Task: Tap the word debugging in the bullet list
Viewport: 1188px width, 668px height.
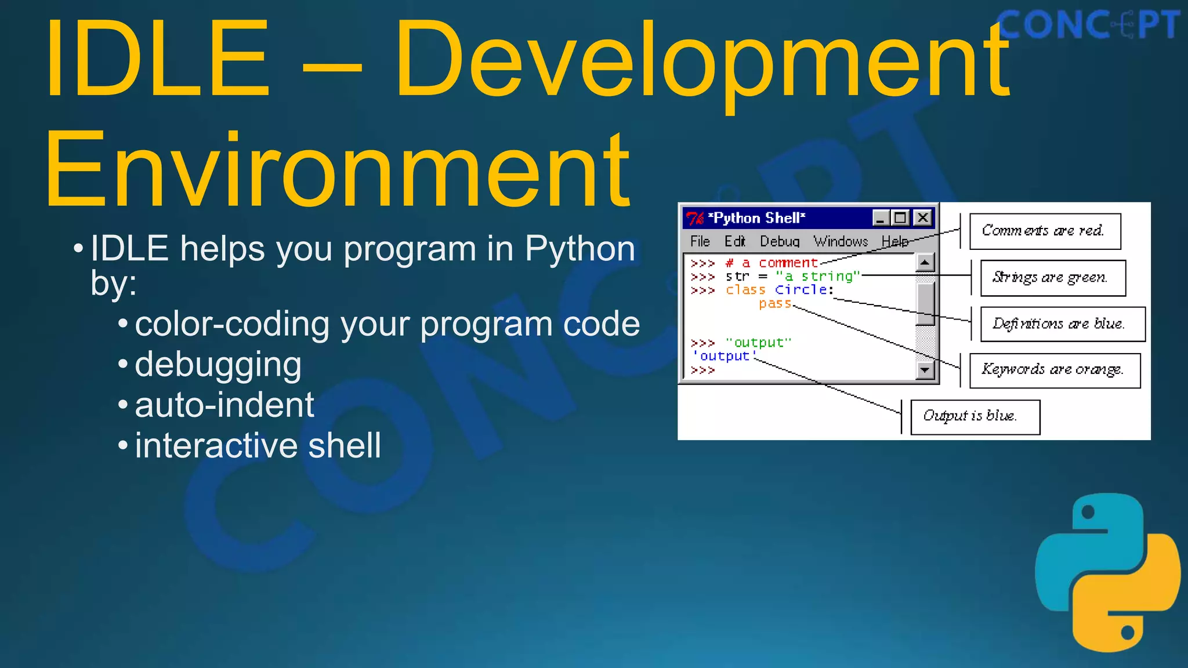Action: click(218, 365)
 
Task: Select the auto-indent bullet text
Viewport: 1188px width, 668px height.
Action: click(224, 405)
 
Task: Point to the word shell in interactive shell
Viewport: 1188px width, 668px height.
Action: click(345, 445)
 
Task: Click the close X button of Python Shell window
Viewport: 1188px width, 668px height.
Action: click(922, 217)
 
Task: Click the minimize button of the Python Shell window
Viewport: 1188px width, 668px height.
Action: click(881, 218)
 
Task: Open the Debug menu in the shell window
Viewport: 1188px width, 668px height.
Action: click(779, 241)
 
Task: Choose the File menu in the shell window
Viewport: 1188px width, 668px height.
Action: click(700, 241)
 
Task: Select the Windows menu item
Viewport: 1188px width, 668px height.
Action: click(840, 241)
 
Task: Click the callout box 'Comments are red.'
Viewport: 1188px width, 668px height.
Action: click(1045, 231)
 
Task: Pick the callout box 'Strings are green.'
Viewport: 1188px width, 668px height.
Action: click(1052, 278)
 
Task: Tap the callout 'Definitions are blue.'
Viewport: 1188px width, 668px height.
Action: click(1062, 324)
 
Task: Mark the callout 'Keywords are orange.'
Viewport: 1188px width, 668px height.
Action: click(1055, 370)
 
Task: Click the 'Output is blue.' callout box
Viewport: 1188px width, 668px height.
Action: click(975, 416)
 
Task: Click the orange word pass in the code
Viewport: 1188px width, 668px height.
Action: click(775, 303)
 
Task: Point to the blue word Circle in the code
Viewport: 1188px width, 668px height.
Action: click(801, 289)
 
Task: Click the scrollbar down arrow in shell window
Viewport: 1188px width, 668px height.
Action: click(925, 369)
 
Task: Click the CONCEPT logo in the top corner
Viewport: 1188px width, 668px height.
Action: click(1088, 24)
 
